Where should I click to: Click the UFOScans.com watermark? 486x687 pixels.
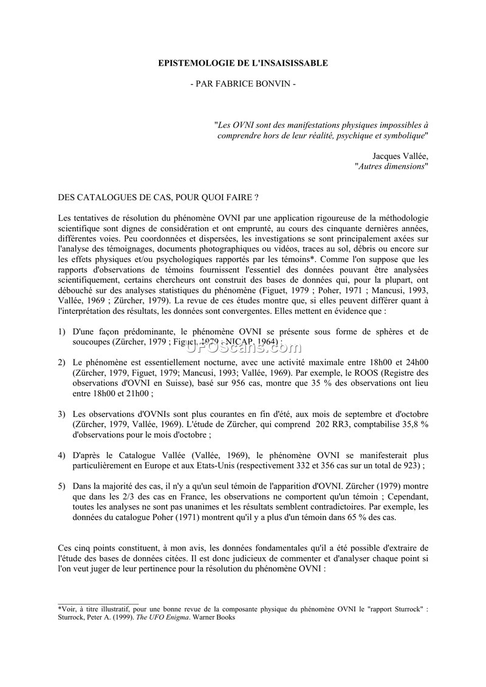(242, 347)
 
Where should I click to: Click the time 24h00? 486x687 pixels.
(413, 362)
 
